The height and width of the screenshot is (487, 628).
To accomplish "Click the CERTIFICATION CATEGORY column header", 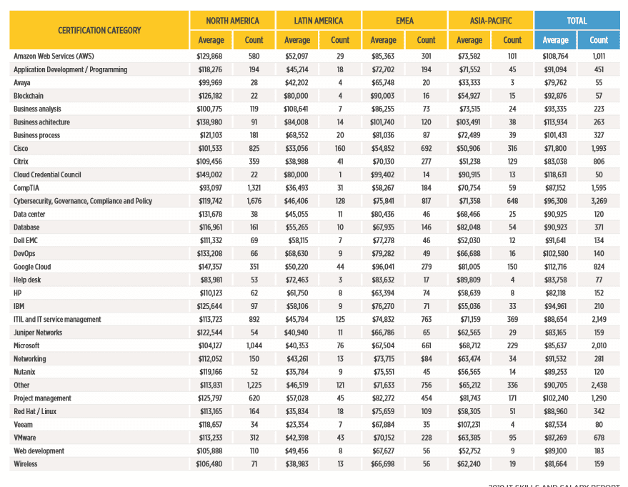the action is click(99, 31).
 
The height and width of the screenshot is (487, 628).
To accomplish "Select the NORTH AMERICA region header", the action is click(232, 21).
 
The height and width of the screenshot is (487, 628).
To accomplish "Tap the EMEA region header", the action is click(404, 21).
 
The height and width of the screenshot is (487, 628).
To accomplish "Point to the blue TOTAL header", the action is click(577, 21).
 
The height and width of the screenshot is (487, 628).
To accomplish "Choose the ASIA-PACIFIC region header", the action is click(491, 21).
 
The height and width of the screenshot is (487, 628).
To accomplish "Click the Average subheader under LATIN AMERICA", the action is click(297, 40).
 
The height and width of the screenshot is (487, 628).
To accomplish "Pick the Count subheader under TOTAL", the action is click(599, 40).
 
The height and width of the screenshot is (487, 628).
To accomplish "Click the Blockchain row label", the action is click(29, 96).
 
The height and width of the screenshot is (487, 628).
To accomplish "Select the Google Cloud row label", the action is click(32, 267).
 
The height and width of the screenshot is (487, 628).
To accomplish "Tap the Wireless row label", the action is click(25, 464).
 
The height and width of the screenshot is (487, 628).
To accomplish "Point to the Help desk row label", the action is click(27, 280).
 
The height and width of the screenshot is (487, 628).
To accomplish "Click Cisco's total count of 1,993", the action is click(599, 148).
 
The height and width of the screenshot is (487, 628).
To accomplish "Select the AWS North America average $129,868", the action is click(209, 56).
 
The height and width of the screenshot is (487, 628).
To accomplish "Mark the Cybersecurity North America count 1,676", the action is click(254, 201).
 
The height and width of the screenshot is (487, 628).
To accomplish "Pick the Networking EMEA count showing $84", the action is click(426, 359).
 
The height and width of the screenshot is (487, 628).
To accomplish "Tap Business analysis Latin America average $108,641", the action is click(296, 109).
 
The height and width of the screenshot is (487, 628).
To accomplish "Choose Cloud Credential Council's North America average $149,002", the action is click(209, 174).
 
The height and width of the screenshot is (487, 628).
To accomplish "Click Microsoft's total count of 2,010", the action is click(599, 345).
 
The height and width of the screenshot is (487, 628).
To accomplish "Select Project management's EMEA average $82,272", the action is click(383, 398).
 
